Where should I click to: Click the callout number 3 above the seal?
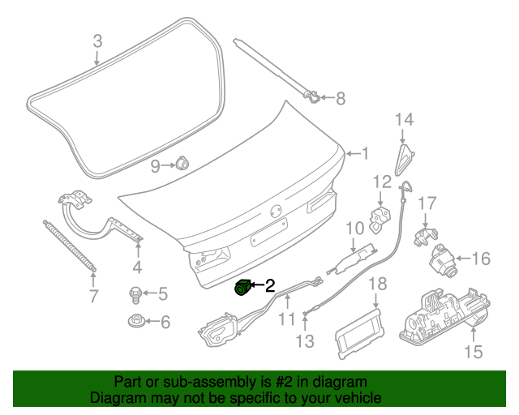click(x=97, y=41)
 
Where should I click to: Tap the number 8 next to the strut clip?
click(x=340, y=99)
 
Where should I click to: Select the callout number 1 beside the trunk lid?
click(x=364, y=152)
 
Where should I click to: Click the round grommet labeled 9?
click(x=182, y=165)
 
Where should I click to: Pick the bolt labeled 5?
click(x=135, y=293)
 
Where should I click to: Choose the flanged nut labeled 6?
click(x=135, y=321)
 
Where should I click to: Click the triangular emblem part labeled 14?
click(x=405, y=159)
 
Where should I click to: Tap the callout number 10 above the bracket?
click(x=355, y=229)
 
